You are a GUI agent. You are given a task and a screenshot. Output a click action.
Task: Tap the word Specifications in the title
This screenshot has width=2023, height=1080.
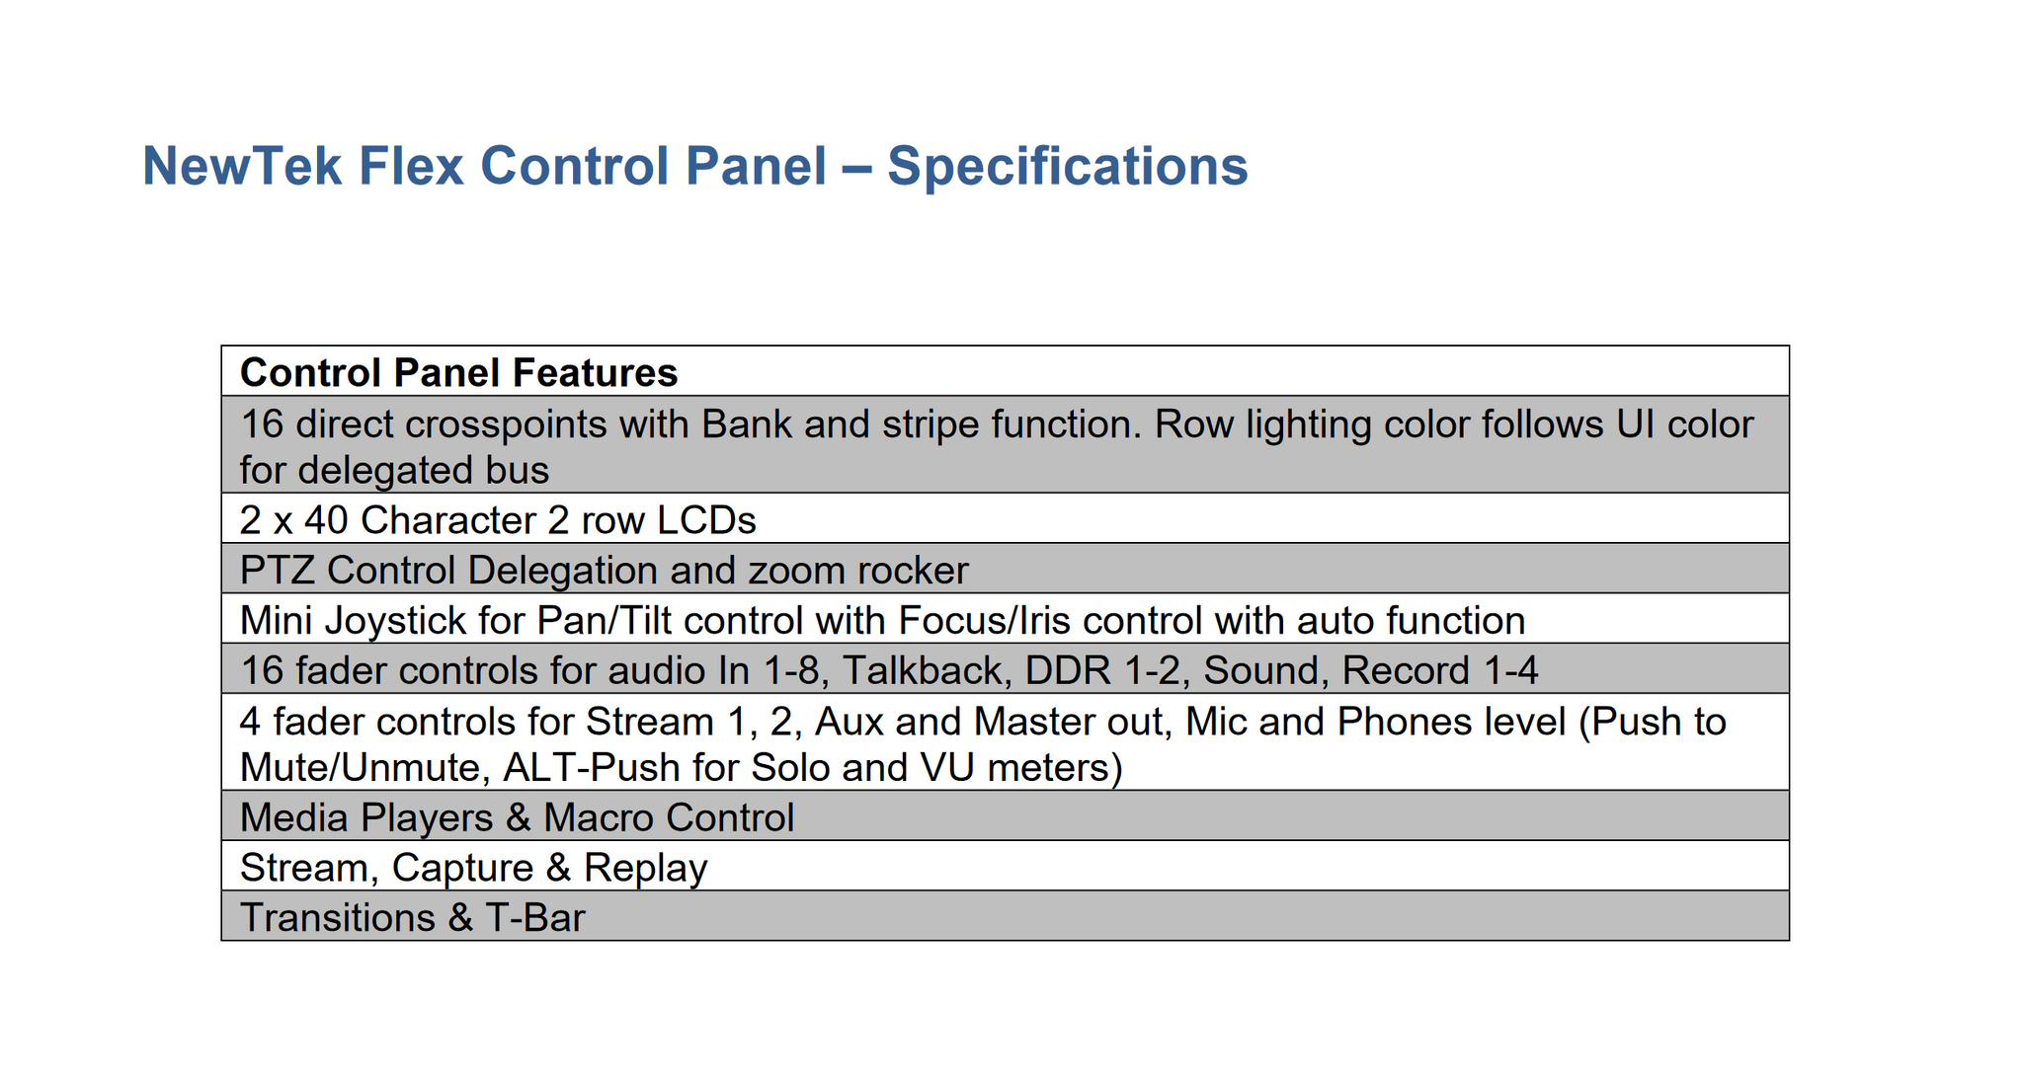pyautogui.click(x=1067, y=166)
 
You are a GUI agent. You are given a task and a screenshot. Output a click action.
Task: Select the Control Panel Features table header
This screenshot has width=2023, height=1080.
pyautogui.click(x=458, y=373)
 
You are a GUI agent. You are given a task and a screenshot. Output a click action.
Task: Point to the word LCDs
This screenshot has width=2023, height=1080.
pyautogui.click(x=706, y=520)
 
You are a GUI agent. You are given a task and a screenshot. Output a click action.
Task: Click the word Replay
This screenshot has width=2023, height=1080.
pyautogui.click(x=645, y=869)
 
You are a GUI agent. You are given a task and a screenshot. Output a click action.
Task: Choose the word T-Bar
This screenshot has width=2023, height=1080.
pyautogui.click(x=535, y=918)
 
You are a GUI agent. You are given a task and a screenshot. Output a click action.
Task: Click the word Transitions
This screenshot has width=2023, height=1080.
pyautogui.click(x=337, y=918)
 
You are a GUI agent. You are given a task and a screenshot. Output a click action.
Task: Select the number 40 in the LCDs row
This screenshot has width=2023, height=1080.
pyautogui.click(x=326, y=520)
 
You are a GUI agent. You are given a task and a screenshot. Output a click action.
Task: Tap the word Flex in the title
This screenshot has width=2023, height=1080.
pyautogui.click(x=411, y=166)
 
